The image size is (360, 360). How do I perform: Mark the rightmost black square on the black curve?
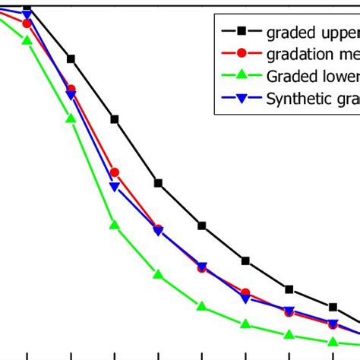click(x=333, y=308)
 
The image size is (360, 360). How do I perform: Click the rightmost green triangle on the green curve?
click(x=333, y=342)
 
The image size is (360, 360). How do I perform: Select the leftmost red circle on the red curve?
click(x=27, y=24)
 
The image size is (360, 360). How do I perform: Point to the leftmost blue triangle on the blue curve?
click(x=27, y=14)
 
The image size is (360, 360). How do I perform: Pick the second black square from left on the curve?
click(x=71, y=58)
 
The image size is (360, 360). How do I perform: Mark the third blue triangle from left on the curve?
click(x=115, y=187)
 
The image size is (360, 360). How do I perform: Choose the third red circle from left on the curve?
click(x=115, y=173)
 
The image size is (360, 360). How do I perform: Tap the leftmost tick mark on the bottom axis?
click(x=27, y=355)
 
